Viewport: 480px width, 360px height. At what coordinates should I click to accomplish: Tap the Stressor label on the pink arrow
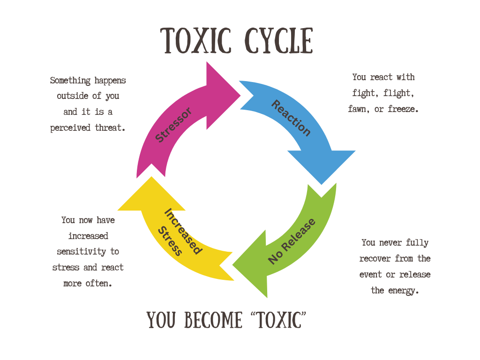[x=173, y=125]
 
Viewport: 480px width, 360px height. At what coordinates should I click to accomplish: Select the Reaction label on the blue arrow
[x=291, y=118]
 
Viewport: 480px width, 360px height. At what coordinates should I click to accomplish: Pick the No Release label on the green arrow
[x=292, y=241]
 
